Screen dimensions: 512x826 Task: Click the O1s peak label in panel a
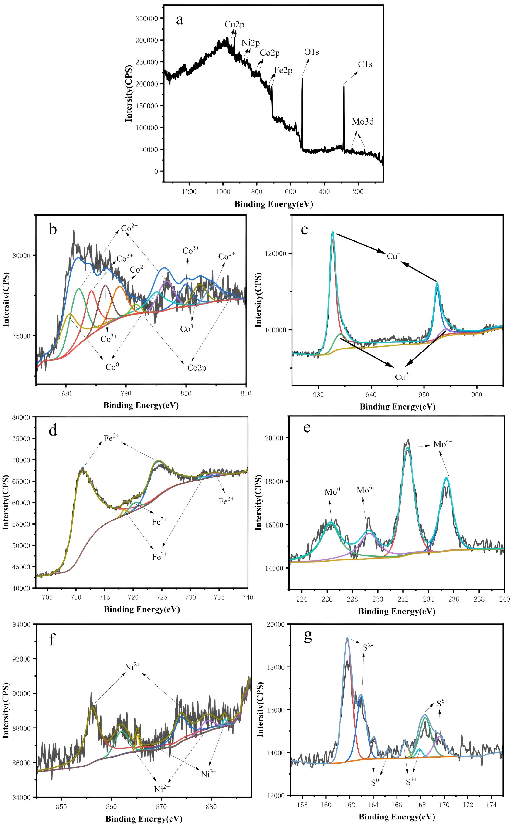(312, 52)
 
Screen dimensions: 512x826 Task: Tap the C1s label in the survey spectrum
(365, 64)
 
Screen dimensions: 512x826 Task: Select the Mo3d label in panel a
(363, 122)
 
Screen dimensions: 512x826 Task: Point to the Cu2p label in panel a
(234, 25)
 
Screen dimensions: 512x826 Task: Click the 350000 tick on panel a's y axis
(147, 19)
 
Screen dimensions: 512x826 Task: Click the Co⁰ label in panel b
(112, 367)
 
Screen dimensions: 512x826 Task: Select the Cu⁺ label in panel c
(393, 256)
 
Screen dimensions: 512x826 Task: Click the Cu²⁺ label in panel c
(403, 376)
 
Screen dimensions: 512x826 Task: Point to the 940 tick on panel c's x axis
(371, 395)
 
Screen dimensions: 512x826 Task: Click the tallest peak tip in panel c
(332, 230)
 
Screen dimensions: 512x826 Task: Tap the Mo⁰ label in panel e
(332, 491)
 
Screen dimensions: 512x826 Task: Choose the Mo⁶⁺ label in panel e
(366, 490)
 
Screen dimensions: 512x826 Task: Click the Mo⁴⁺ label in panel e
(443, 443)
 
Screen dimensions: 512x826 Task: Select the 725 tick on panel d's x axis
(162, 597)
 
